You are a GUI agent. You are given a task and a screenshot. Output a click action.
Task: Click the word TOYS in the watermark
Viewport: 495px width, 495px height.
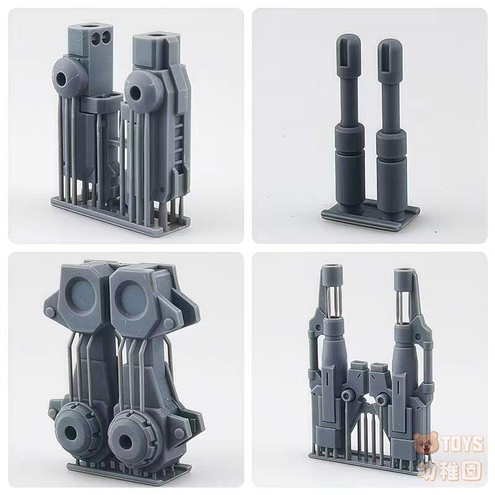coord(463,444)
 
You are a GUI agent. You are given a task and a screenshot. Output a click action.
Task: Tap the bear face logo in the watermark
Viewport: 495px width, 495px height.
coord(427,444)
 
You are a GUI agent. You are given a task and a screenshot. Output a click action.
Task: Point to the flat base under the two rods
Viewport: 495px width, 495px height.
coord(370,215)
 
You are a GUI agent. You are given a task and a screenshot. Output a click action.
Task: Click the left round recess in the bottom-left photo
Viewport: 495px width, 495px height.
coord(80,295)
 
